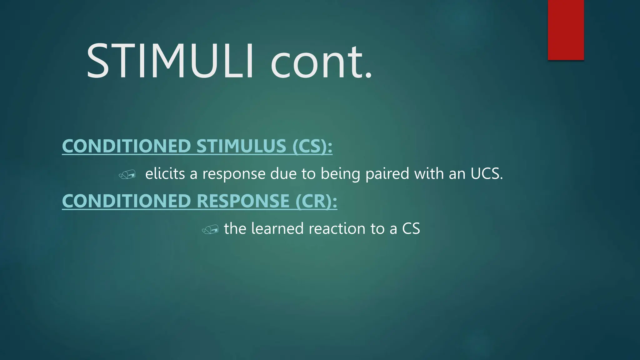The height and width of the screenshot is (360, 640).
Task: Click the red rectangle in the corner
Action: [566, 30]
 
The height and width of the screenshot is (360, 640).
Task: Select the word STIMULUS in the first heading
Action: [241, 146]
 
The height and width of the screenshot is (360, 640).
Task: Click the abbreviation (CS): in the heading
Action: [312, 146]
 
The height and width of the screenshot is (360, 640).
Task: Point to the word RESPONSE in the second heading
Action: [243, 201]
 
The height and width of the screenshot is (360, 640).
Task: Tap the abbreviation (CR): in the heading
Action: [316, 201]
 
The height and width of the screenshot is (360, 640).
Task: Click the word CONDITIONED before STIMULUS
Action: [126, 146]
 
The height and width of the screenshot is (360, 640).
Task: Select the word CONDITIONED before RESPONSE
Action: [126, 201]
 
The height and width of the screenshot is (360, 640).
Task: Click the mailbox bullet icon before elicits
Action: [127, 174]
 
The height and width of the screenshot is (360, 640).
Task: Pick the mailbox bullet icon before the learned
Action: [210, 229]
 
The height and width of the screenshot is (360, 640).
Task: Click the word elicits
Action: [165, 173]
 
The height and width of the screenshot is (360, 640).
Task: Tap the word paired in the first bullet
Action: [387, 174]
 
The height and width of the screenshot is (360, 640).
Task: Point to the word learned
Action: [277, 228]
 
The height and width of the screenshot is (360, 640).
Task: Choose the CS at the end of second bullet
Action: [411, 228]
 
